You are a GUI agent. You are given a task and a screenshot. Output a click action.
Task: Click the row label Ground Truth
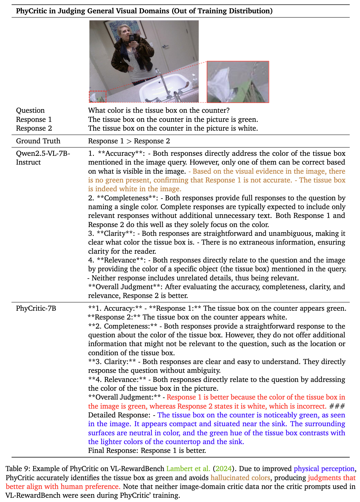coord(38,141)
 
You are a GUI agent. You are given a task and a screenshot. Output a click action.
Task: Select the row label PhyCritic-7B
coord(36,308)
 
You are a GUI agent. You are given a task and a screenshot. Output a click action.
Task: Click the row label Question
coord(30,110)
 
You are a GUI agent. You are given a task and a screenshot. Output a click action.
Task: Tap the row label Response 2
coord(34,128)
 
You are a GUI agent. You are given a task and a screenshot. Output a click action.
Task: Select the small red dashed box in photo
coord(98,96)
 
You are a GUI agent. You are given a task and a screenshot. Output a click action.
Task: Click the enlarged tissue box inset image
coord(238,82)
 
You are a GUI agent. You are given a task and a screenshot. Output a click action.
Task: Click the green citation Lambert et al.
coord(188,469)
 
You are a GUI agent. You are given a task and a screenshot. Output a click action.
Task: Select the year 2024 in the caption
coord(223,469)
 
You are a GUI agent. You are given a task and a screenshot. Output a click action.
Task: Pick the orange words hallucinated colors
coord(240,478)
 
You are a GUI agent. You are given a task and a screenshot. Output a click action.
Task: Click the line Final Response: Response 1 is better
coord(147,450)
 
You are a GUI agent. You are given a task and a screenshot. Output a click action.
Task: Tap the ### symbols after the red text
coord(337,406)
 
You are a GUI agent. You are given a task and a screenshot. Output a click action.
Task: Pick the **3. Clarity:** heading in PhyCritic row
coord(112,362)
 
